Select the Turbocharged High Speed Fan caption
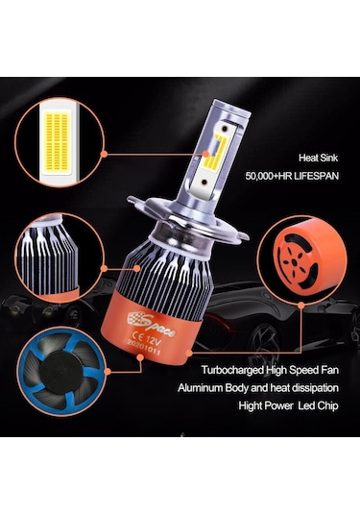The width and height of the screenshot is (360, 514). (x=273, y=368)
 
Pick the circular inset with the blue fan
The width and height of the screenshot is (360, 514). (x=56, y=363)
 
